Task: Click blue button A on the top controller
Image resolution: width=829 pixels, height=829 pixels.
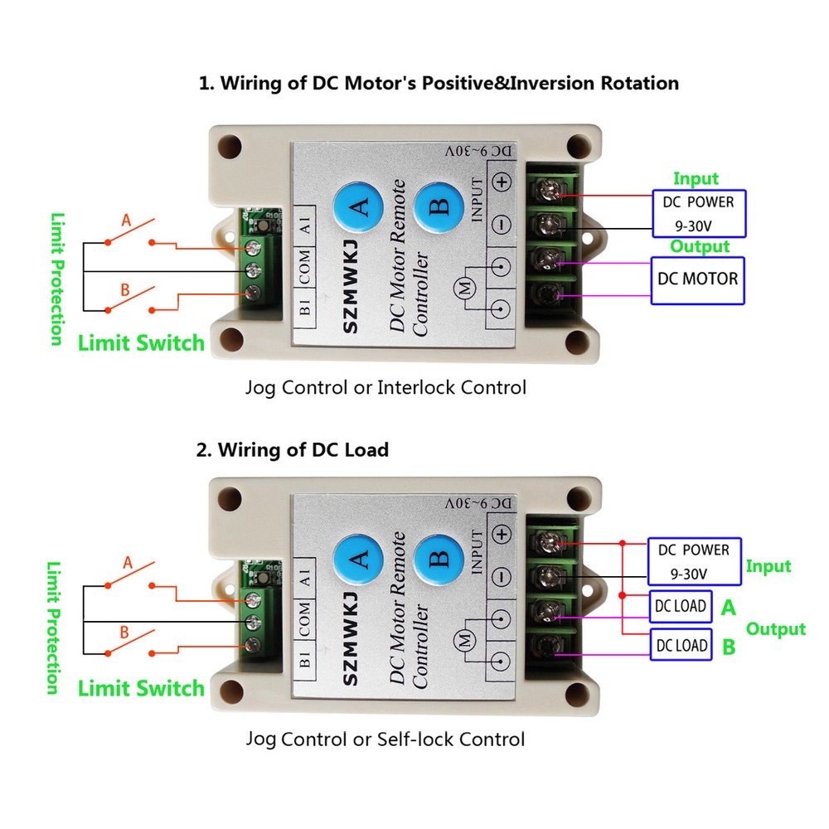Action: [x=358, y=207]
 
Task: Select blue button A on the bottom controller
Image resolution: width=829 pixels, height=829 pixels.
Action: [x=358, y=560]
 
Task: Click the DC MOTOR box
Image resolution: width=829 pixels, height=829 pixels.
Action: [x=696, y=279]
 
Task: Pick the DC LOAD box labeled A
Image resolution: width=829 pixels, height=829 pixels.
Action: [x=681, y=606]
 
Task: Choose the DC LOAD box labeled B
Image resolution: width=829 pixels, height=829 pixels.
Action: [x=681, y=645]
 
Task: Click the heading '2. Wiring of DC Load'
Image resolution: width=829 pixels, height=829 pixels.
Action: [x=292, y=450]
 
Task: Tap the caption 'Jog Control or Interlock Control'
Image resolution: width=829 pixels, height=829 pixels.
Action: [x=385, y=387]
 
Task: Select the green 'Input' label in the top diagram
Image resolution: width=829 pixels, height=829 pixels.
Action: [x=696, y=178]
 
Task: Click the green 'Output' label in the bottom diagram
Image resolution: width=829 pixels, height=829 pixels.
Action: [x=775, y=629]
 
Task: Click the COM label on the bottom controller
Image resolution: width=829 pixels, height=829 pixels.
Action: [x=304, y=618]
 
